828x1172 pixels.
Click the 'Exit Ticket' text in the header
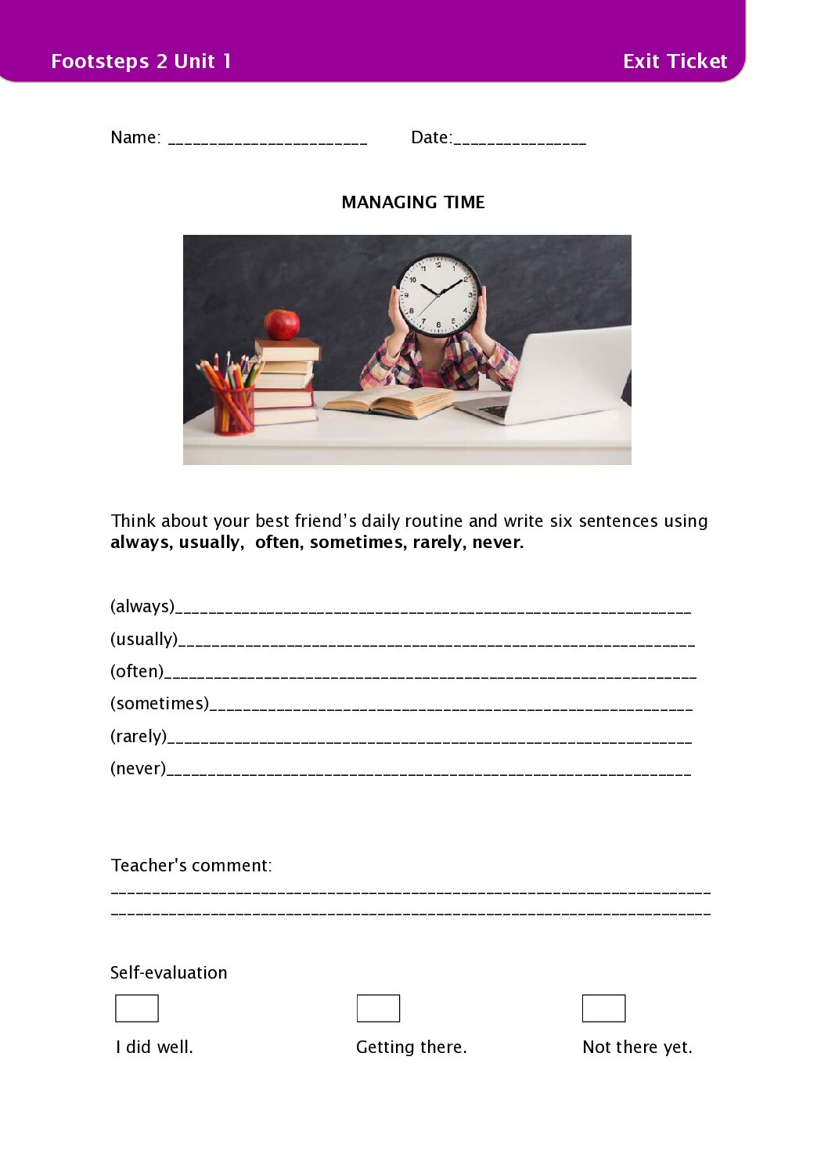[675, 61]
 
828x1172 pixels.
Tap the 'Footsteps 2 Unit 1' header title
[141, 61]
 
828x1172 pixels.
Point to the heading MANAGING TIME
[413, 202]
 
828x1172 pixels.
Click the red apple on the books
[282, 323]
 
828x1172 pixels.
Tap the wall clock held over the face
[438, 294]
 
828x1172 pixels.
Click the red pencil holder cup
[233, 409]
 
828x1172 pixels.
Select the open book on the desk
[389, 401]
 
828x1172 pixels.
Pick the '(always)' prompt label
[142, 606]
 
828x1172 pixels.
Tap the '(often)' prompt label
[137, 671]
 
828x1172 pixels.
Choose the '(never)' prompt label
[139, 768]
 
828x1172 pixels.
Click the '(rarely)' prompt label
[139, 736]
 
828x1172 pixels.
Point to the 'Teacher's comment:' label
[192, 865]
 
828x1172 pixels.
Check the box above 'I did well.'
[137, 1008]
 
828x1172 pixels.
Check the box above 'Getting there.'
[378, 1008]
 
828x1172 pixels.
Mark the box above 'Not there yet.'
[603, 1008]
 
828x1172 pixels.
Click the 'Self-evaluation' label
[169, 972]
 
